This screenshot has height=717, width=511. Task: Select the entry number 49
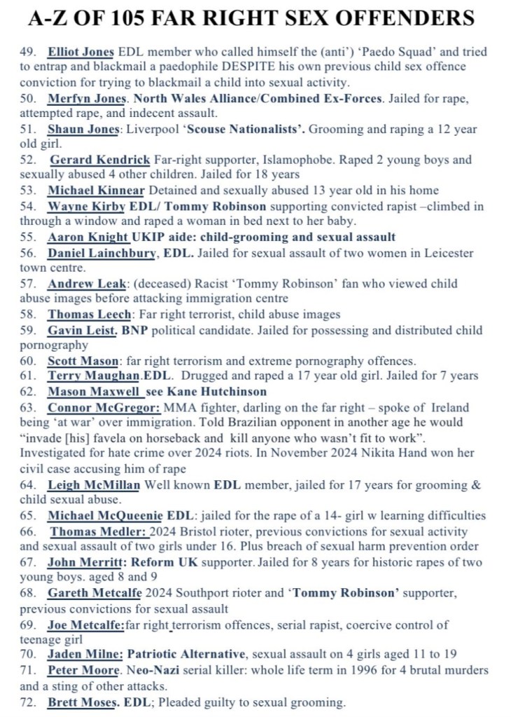coord(28,53)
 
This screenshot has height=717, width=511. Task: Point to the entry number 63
coord(28,408)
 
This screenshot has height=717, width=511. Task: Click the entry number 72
coord(28,702)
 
